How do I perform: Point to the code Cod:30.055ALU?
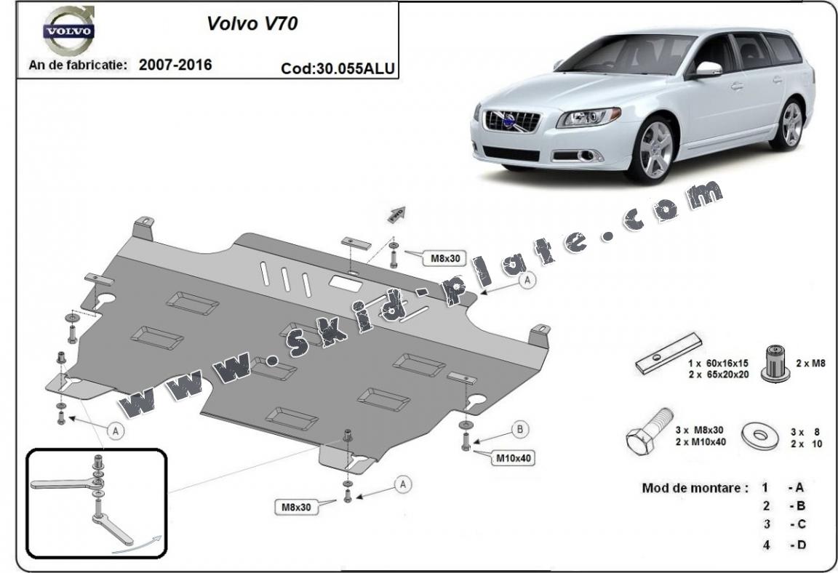pos(338,68)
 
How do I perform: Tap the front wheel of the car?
pos(652,150)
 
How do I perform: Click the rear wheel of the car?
pos(791,124)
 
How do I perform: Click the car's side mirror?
pos(707,70)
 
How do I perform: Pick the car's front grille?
pos(513,121)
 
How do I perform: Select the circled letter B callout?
pos(520,430)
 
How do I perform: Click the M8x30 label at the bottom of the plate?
pos(298,508)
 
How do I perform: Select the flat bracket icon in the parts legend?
pos(669,353)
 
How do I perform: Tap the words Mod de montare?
pos(694,487)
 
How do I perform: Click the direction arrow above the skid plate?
pos(396,214)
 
